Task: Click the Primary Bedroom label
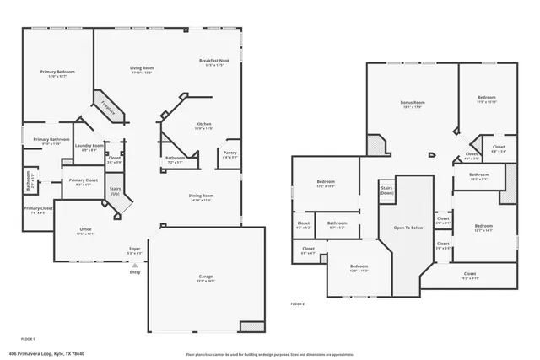coord(58,73)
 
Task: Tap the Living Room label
coord(142,69)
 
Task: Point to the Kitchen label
coord(203,126)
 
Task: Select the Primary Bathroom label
coord(51,141)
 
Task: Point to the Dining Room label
coord(200,197)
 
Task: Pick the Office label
coord(85,231)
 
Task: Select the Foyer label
coord(134,250)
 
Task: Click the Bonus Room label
coord(413,104)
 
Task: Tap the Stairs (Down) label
coord(386,191)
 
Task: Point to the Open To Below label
coord(408,228)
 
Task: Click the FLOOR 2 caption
coord(297,304)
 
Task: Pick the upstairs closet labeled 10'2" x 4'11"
coord(470,275)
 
